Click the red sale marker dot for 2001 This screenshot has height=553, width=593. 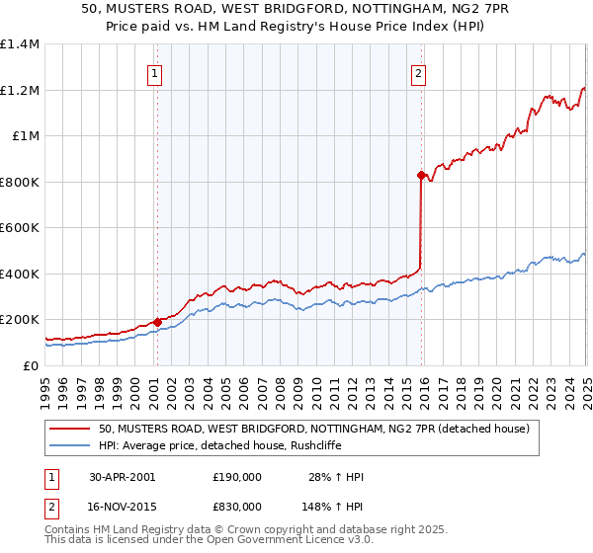pyautogui.click(x=157, y=322)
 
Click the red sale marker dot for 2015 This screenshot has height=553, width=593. pyautogui.click(x=420, y=176)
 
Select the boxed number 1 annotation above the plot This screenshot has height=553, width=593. pyautogui.click(x=156, y=72)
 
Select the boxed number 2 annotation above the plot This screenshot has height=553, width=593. pyautogui.click(x=419, y=72)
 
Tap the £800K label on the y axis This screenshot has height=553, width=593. pyautogui.click(x=19, y=182)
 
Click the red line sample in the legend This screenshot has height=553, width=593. pyautogui.click(x=69, y=430)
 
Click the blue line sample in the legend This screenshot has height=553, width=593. pyautogui.click(x=69, y=445)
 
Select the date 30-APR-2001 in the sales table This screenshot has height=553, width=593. pyautogui.click(x=122, y=477)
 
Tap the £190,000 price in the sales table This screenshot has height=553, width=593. pyautogui.click(x=237, y=477)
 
